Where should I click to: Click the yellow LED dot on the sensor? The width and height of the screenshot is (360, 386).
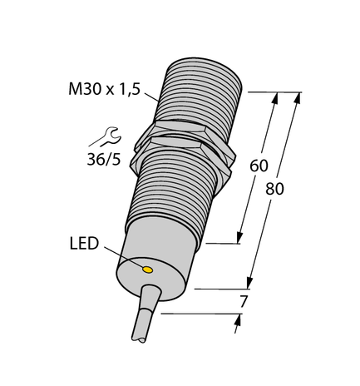[148, 270]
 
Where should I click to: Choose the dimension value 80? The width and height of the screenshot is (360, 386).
[274, 189]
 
